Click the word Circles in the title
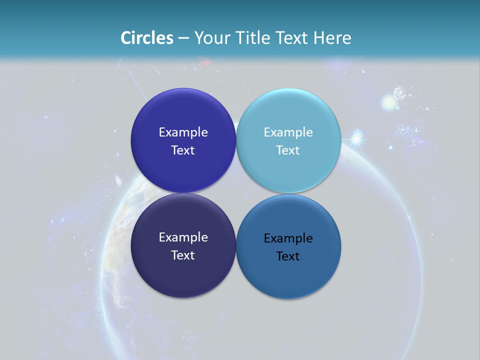(x=147, y=38)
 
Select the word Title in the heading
(x=252, y=38)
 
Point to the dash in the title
(x=183, y=38)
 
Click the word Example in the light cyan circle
(x=288, y=132)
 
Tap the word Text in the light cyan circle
(x=288, y=150)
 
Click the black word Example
(x=288, y=238)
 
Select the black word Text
(x=288, y=256)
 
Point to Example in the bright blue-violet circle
(x=183, y=132)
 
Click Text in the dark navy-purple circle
(x=183, y=255)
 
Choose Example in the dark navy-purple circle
(x=183, y=237)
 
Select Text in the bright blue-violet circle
(x=183, y=150)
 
